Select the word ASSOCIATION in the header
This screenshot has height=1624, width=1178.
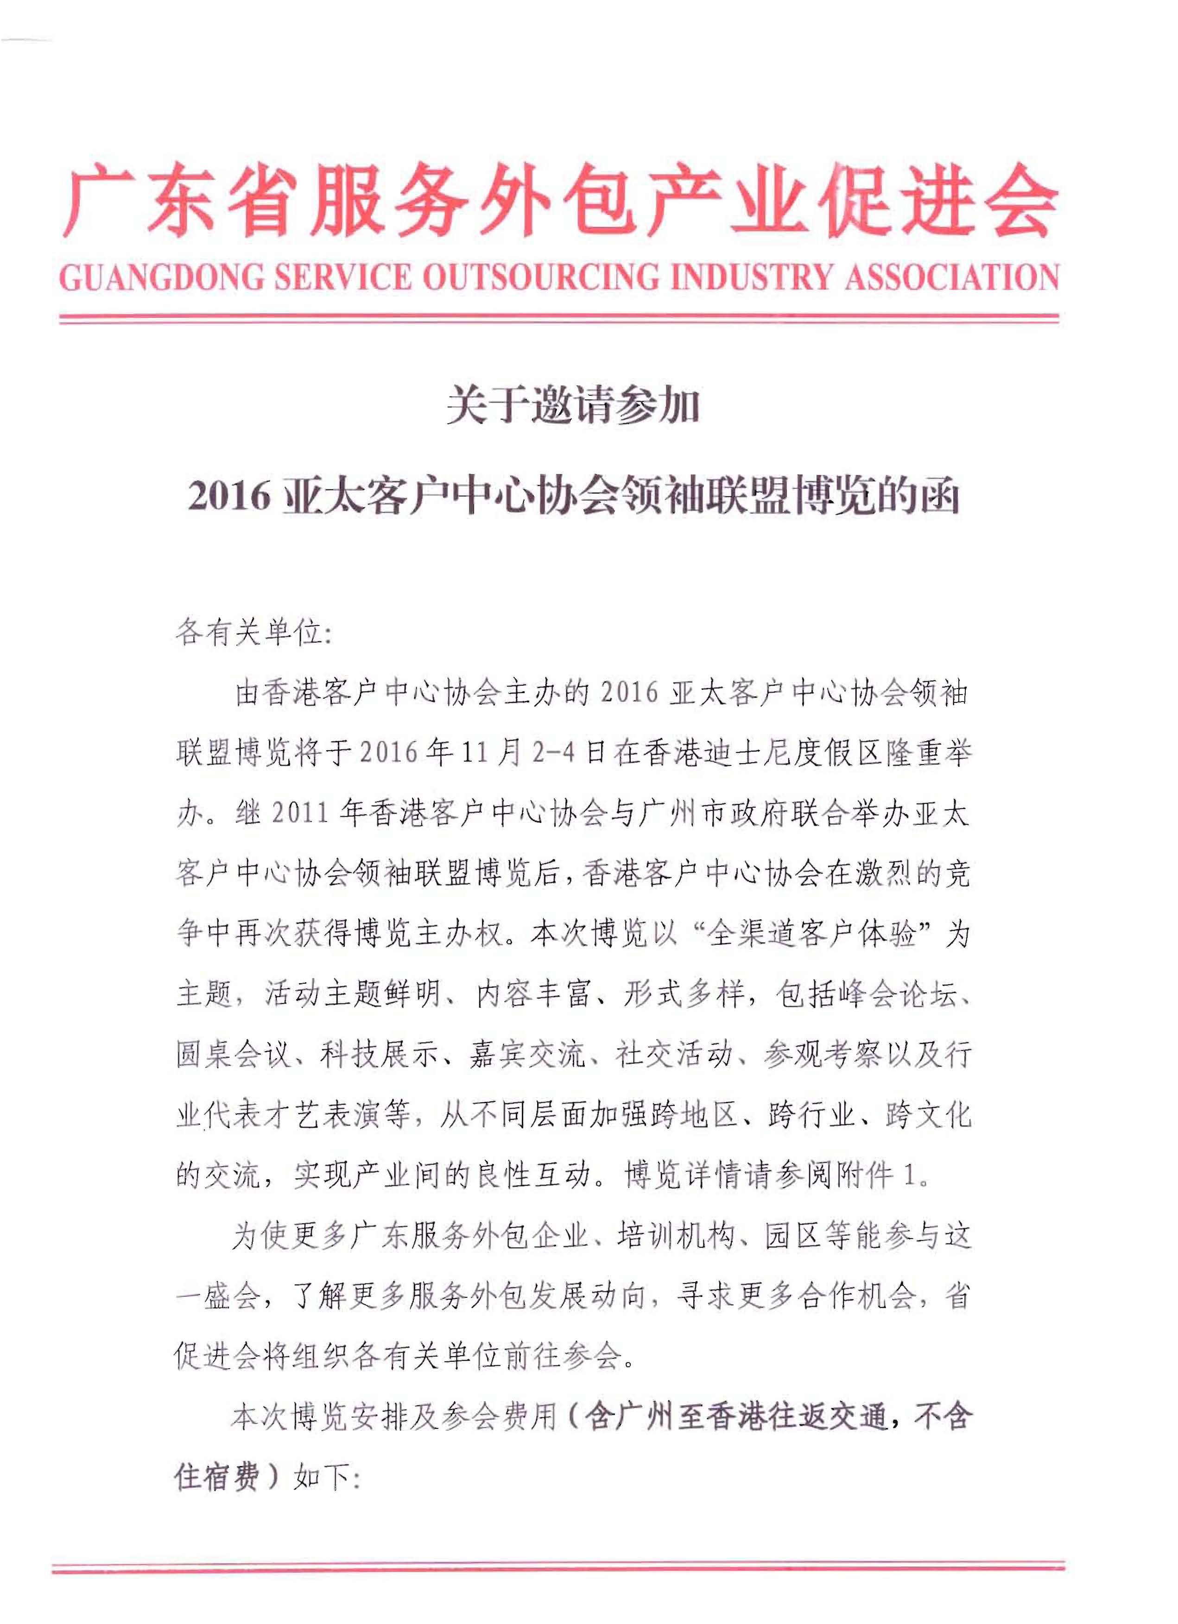951,277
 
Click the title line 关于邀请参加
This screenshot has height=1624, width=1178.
572,409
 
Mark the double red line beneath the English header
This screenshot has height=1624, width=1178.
558,319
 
